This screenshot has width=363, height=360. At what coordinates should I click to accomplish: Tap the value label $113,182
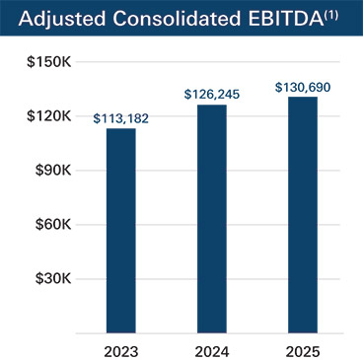tap(120, 118)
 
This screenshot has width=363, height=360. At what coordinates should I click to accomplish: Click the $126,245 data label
tap(212, 95)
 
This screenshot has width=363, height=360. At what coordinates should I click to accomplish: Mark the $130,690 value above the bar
tap(303, 87)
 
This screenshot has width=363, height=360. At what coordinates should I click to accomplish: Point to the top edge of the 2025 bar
tap(303, 98)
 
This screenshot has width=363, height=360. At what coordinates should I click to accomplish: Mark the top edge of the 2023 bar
tap(120, 129)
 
